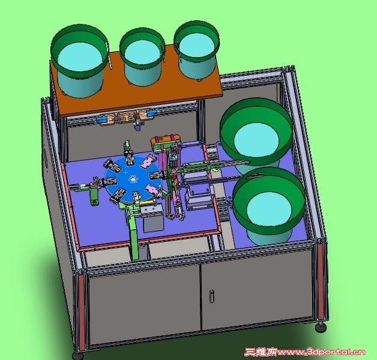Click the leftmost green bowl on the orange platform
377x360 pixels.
pyautogui.click(x=79, y=60)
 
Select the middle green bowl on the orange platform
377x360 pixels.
pyautogui.click(x=142, y=56)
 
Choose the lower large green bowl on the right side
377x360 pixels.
pyautogui.click(x=269, y=205)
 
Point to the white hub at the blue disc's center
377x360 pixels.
pyautogui.click(x=133, y=179)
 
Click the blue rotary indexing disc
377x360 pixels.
pyautogui.click(x=133, y=179)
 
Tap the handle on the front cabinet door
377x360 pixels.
pyautogui.click(x=212, y=296)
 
